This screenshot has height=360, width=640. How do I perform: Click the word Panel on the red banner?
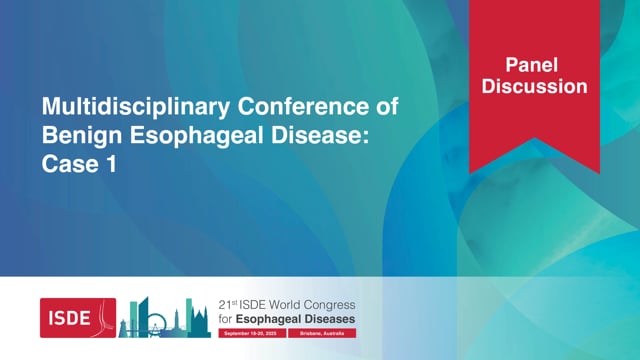(533, 64)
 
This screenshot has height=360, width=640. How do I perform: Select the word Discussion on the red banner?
(533, 87)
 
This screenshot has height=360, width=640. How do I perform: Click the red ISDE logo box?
(78, 317)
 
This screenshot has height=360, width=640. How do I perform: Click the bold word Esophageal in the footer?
(260, 319)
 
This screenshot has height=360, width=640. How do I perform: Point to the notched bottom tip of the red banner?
(533, 150)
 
